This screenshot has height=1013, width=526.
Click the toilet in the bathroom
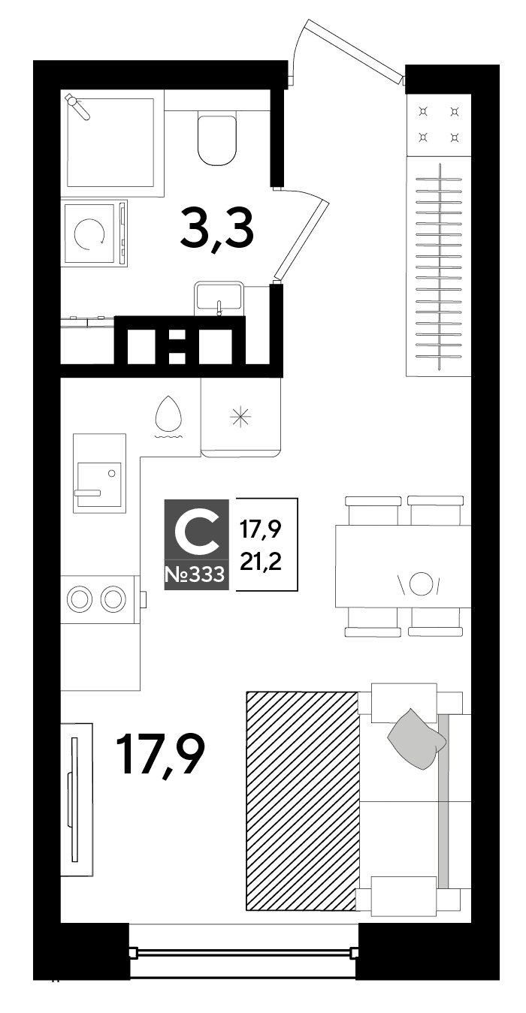[217, 140]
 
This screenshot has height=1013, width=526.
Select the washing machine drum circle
[89, 234]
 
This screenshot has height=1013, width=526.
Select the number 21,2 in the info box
[261, 562]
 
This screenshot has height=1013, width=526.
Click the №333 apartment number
[195, 574]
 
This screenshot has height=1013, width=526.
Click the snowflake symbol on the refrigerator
[240, 417]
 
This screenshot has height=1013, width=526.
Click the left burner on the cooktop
[79, 600]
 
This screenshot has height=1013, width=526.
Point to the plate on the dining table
[420, 583]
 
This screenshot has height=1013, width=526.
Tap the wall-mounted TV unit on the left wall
[76, 800]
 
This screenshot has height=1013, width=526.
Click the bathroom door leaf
[301, 240]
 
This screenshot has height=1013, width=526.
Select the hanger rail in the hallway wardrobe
[440, 267]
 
